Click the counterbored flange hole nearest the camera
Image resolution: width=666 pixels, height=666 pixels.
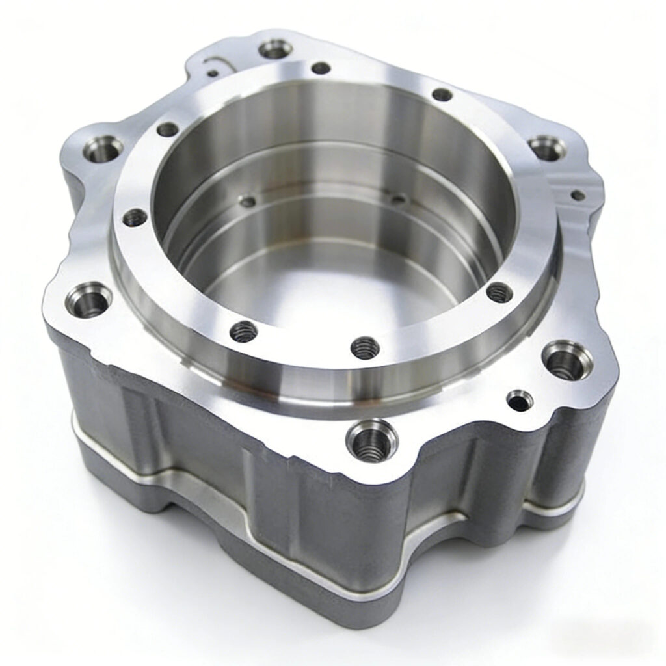pos(372,440)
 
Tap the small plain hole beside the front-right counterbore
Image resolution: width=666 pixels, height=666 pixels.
pos(520,400)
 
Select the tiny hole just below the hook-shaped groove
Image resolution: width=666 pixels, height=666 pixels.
pos(213,73)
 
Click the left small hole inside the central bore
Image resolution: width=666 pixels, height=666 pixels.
pos(248,202)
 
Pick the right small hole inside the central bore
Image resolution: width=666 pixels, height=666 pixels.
pos(398,198)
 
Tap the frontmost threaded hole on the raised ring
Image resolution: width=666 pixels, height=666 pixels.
pos(365,347)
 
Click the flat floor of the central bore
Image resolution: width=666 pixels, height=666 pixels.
pos(325,286)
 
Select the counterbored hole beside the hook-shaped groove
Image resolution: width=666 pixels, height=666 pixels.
pos(275,49)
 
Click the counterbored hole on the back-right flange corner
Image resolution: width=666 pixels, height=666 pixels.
pos(546,148)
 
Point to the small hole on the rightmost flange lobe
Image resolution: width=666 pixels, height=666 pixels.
pos(577,194)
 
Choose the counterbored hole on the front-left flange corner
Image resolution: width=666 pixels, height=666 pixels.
pos(89,299)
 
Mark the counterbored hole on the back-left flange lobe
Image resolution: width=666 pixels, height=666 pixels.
pos(103,150)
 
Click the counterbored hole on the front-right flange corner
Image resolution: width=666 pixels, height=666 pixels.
pos(567,360)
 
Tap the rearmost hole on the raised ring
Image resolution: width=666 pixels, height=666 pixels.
pos(321,68)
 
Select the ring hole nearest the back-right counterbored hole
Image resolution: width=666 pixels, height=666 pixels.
pos(442,94)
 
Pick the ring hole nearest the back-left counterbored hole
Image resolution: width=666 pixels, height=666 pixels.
pos(167,129)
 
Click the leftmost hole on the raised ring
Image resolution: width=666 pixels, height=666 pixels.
pos(134,217)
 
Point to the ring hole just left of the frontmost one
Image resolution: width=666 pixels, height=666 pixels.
pos(243,332)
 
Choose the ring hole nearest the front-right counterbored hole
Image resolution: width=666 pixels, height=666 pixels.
pos(499,292)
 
